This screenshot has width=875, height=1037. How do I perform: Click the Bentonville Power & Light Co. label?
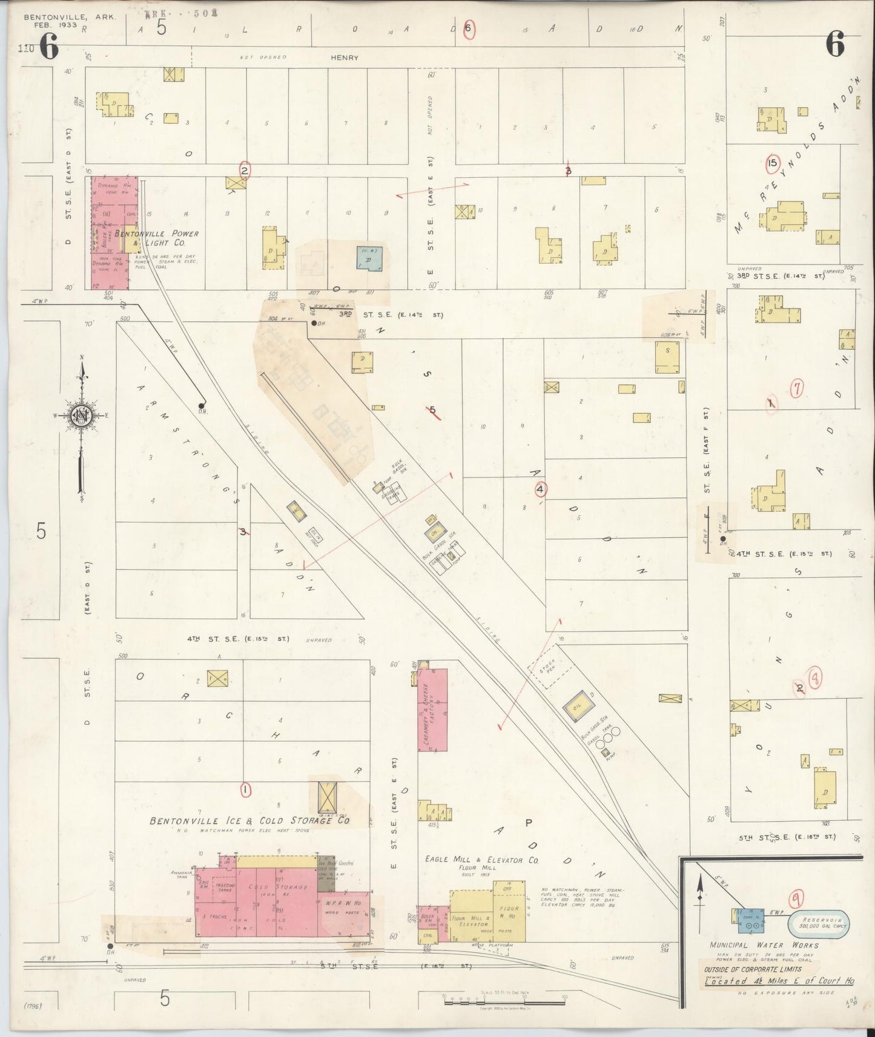(156, 238)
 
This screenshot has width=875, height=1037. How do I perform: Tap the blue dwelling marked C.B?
(369, 259)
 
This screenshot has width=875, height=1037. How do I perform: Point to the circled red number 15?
(772, 163)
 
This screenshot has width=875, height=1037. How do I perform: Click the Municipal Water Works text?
(764, 945)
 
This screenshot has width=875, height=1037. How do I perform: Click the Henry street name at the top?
(344, 57)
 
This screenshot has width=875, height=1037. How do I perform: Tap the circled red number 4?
(540, 489)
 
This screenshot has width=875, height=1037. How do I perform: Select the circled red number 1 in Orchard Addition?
(245, 789)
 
